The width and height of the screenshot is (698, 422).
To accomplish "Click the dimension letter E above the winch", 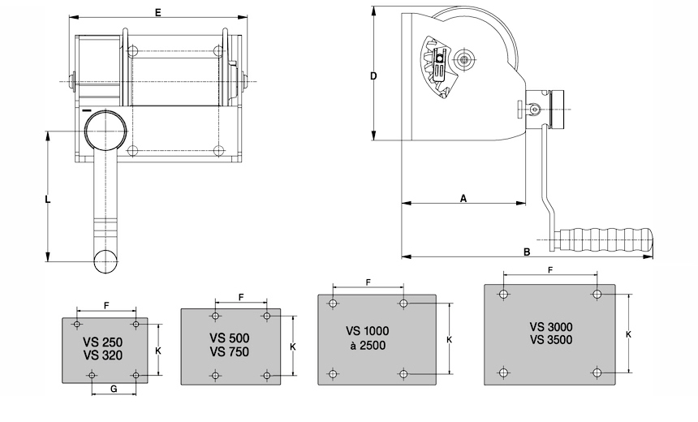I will point(158,11).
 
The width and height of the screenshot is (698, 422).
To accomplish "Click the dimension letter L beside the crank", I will point(48,199).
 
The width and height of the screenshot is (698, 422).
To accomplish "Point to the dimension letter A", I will point(463,197).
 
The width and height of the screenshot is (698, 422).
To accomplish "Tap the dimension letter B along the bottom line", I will point(527,252).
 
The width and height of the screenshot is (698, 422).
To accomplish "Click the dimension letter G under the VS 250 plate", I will point(114,390).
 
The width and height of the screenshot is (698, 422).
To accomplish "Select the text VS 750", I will point(229,351).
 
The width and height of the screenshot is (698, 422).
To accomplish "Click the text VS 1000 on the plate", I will point(368,330).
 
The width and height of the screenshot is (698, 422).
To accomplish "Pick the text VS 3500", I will point(551,339).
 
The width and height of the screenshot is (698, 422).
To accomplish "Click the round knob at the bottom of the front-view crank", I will point(106,260).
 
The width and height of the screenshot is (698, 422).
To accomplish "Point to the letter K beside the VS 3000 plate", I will point(629,334).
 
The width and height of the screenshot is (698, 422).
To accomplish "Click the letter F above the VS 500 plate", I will point(241,297).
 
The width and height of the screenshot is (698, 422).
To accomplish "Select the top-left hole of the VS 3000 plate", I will point(505,294).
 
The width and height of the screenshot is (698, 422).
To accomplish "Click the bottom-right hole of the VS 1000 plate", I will point(403,373).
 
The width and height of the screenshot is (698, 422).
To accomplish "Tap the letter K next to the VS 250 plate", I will point(157,351).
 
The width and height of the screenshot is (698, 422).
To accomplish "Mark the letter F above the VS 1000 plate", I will point(368,282).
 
